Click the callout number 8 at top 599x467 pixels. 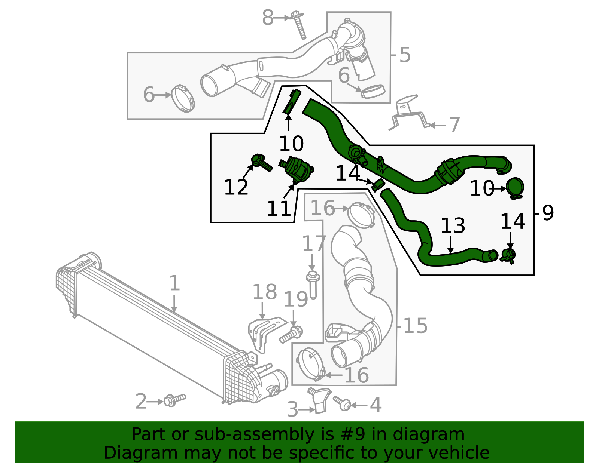point(268,18)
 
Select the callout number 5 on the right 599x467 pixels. point(405,55)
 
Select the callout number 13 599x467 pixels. point(453,226)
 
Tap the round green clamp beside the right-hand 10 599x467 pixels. point(515,187)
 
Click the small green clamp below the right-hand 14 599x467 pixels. point(508,256)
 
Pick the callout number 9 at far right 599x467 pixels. point(548,213)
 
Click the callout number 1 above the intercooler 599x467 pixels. point(174,283)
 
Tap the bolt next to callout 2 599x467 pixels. point(174,400)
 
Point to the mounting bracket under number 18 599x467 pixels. point(264,333)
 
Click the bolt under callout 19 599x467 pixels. point(291,334)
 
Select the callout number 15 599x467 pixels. point(415,326)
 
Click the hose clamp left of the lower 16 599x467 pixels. point(310,364)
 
